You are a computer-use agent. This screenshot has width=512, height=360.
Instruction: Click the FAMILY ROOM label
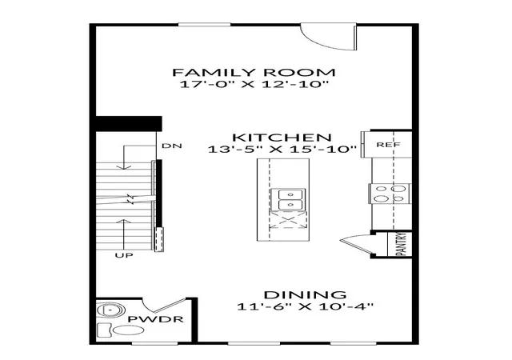pos(254,72)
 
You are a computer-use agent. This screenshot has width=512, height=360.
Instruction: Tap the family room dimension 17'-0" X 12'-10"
pos(254,84)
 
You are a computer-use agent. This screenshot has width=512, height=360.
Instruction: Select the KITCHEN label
pos(282,138)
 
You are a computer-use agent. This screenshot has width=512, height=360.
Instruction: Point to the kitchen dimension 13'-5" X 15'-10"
pos(282,150)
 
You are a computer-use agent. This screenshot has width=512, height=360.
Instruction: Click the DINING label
pos(305,295)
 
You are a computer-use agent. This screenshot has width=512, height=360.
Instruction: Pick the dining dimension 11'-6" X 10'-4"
pos(305,306)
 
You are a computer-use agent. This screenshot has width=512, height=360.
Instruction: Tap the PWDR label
pos(155,319)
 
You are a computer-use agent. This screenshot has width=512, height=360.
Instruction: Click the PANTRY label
pos(401,244)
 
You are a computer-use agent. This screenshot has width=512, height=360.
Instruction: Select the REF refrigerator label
pos(388,144)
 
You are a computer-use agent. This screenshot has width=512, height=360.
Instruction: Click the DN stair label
pos(172,146)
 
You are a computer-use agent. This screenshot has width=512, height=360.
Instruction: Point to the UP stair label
pos(124,255)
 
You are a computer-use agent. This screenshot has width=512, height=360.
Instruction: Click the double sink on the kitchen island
pos(288,199)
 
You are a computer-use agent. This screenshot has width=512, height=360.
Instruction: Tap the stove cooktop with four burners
pos(390,194)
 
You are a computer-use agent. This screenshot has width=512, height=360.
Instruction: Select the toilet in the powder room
pos(122,330)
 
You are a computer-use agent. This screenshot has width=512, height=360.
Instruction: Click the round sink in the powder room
pos(111,310)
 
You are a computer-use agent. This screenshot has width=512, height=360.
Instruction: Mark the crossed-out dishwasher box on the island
pos(288,219)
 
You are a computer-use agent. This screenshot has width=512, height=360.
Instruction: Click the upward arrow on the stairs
pos(124,234)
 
